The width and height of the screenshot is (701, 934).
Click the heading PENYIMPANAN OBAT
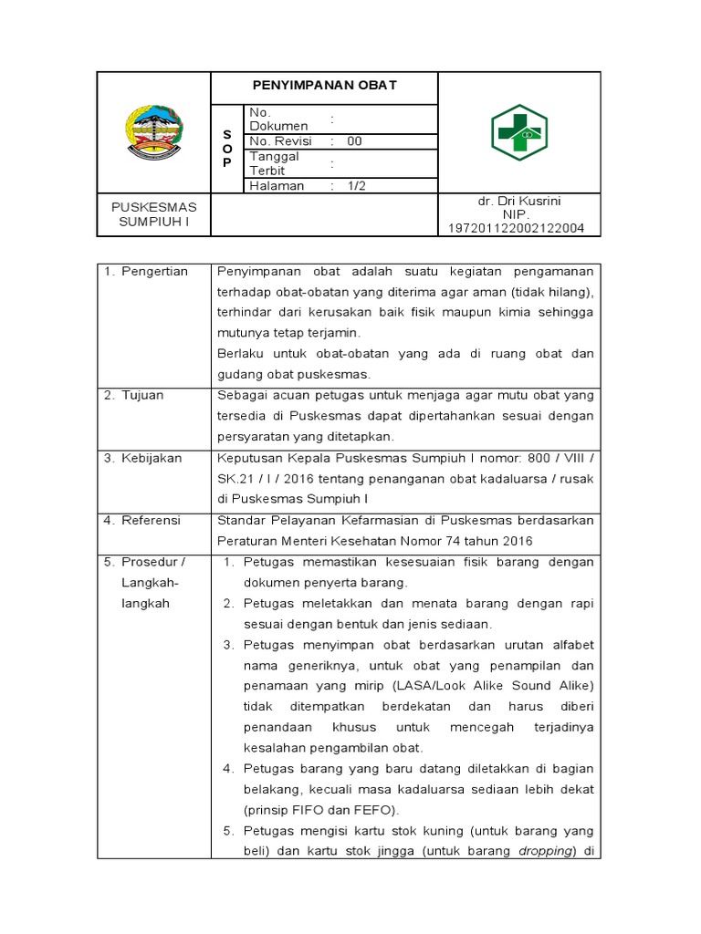324,86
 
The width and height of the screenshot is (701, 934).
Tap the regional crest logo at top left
153,132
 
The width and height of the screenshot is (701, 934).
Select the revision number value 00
354,141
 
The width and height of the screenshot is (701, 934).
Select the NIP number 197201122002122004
517,228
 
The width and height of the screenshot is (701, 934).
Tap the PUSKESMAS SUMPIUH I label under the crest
153,214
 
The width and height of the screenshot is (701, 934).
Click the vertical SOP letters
227,148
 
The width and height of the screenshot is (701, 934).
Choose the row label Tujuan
146,395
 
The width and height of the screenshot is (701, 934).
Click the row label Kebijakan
152,458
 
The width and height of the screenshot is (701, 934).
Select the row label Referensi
153,520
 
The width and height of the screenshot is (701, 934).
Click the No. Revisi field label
280,141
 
